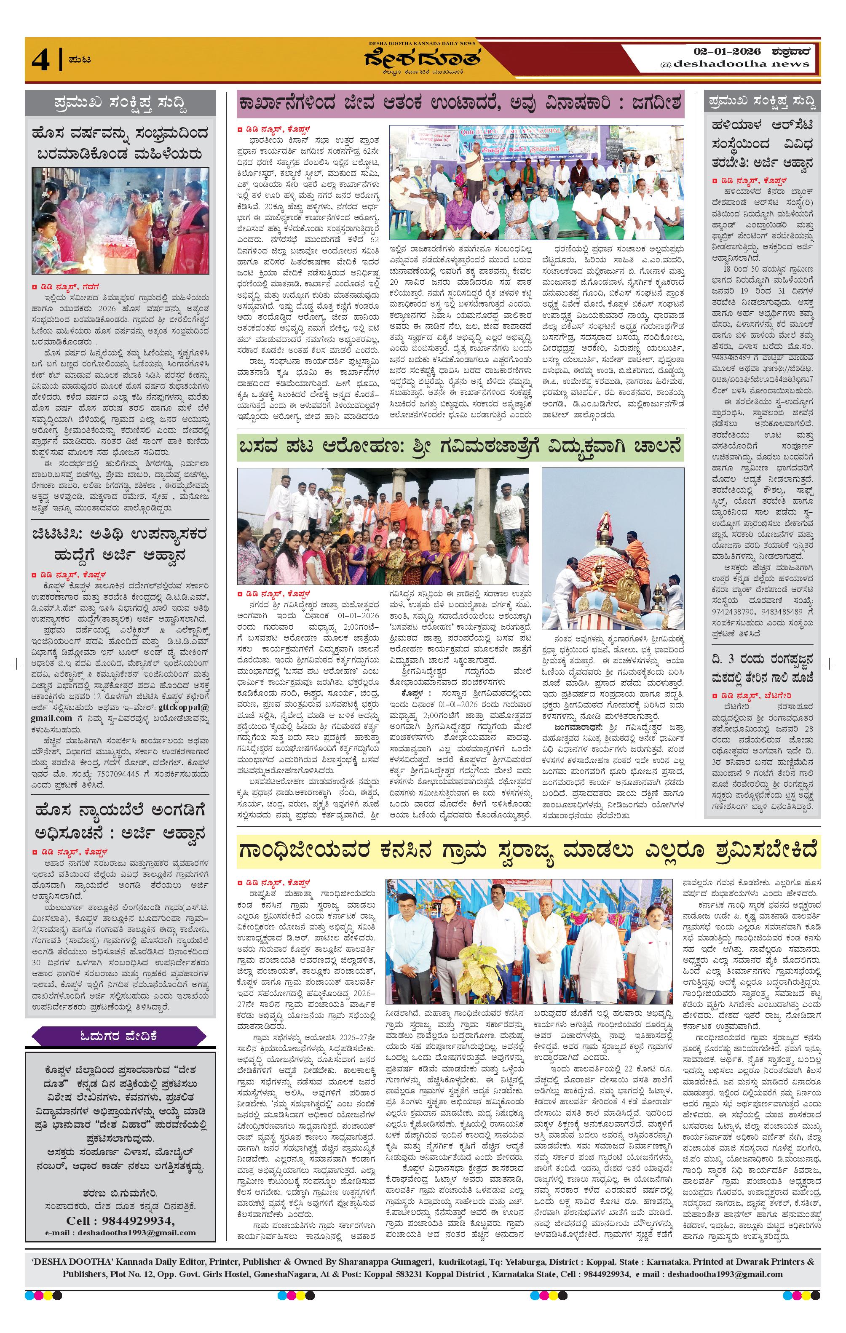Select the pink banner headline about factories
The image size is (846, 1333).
click(x=460, y=103)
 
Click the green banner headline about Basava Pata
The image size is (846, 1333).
click(x=460, y=447)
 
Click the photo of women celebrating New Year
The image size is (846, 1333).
click(x=120, y=220)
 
